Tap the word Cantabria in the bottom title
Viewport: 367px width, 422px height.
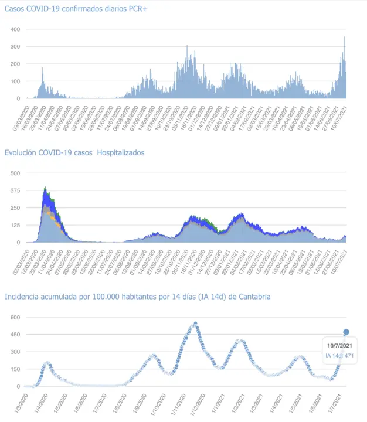pos(253,297)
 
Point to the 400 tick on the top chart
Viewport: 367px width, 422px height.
pos(15,29)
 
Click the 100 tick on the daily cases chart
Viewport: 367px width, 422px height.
pos(15,81)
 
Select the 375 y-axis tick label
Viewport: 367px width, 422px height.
pos(15,190)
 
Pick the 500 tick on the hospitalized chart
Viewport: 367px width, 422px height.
pos(15,173)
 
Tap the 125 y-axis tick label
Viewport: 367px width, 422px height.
pos(15,225)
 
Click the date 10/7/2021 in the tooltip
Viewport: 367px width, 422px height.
pos(340,346)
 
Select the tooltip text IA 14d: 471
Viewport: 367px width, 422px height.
pos(339,355)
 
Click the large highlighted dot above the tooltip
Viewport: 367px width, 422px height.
pos(346,332)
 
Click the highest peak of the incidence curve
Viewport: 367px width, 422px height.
pos(195,323)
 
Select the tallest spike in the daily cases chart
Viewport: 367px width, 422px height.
pos(345,38)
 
